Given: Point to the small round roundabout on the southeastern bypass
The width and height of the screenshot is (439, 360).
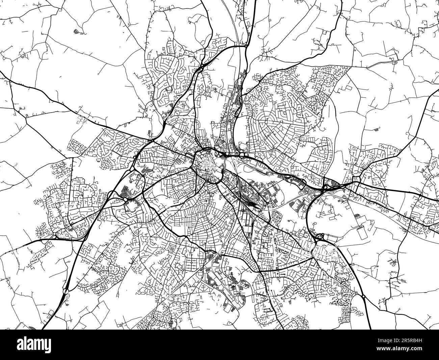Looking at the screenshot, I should (363, 296).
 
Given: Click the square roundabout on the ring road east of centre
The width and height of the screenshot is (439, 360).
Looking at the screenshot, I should (242, 155).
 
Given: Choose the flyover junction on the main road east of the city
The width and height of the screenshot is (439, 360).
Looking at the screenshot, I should (326, 187).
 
